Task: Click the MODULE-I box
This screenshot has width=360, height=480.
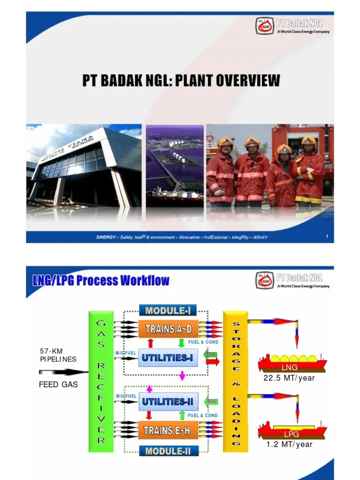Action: pyautogui.click(x=167, y=310)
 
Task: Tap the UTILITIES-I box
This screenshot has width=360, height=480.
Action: pyautogui.click(x=167, y=358)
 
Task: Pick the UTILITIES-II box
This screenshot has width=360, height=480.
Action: pyautogui.click(x=167, y=401)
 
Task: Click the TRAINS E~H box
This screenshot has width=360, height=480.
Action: pyautogui.click(x=167, y=430)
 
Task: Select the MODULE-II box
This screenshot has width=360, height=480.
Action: pyautogui.click(x=167, y=451)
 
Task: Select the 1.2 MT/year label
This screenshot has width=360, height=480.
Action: pyautogui.click(x=289, y=444)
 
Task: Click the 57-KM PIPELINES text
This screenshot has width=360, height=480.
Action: pyautogui.click(x=58, y=355)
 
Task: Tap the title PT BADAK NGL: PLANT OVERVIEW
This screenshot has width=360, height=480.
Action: pyautogui.click(x=181, y=81)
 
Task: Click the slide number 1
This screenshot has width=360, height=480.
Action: pyautogui.click(x=327, y=237)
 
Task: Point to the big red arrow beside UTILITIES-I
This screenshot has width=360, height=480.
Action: pyautogui.click(x=212, y=361)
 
